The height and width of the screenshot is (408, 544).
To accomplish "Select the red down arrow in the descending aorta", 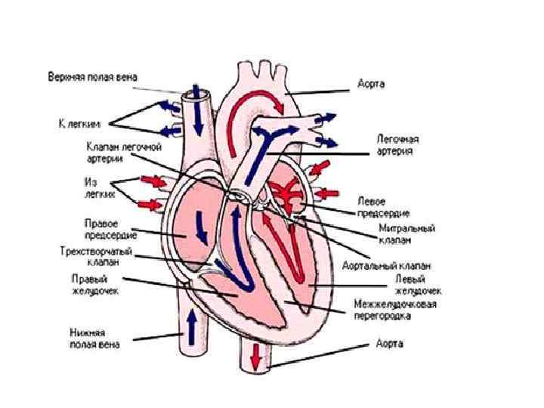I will pos(256,353).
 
